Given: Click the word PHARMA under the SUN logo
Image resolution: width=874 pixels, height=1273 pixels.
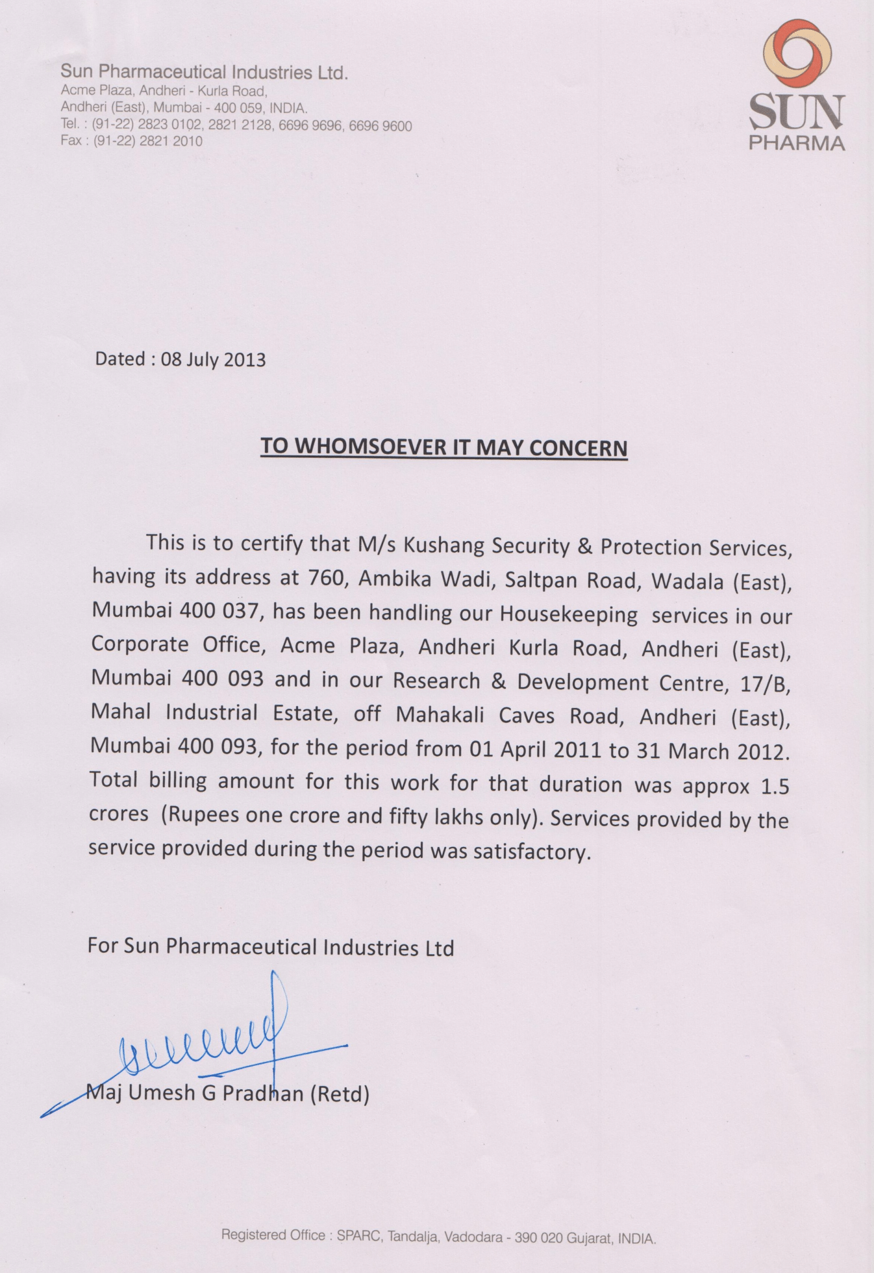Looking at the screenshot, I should click(x=797, y=143).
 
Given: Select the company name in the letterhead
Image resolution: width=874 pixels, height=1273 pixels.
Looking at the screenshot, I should click(x=205, y=72).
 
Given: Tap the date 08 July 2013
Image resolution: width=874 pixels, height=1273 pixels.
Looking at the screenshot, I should click(x=213, y=359).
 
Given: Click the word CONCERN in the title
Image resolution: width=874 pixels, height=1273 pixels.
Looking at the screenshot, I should click(x=578, y=448).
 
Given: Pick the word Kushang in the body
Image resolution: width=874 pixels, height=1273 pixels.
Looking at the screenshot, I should click(x=444, y=544).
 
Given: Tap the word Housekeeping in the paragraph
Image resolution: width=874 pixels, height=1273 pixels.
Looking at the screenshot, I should click(x=568, y=614).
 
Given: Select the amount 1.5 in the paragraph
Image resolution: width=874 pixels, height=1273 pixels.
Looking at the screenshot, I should click(x=775, y=787).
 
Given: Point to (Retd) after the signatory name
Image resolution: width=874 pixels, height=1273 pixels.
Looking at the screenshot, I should click(x=339, y=1094).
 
